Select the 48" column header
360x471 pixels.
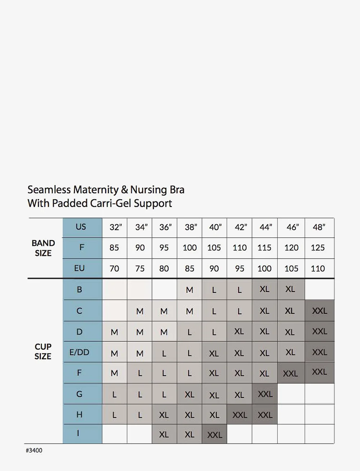tap(319, 227)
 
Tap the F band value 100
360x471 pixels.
tap(189, 248)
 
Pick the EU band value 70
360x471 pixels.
tap(114, 268)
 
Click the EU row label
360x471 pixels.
tap(79, 268)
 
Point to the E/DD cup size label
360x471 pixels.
tap(79, 352)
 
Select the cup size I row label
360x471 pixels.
tap(78, 434)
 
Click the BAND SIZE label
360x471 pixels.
tap(43, 248)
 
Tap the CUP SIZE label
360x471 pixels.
tap(43, 351)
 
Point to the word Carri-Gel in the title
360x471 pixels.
tap(112, 203)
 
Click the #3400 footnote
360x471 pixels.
tap(34, 450)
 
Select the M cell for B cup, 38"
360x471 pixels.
tap(189, 290)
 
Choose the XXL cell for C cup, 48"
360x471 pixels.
tap(319, 311)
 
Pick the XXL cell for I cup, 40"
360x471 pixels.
tap(215, 435)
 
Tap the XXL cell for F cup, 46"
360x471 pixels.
tap(290, 374)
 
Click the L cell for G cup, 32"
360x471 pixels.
tap(114, 395)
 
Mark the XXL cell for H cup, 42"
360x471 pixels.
tap(239, 415)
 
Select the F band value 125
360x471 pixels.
tap(318, 248)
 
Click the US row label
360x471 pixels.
tap(81, 227)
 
